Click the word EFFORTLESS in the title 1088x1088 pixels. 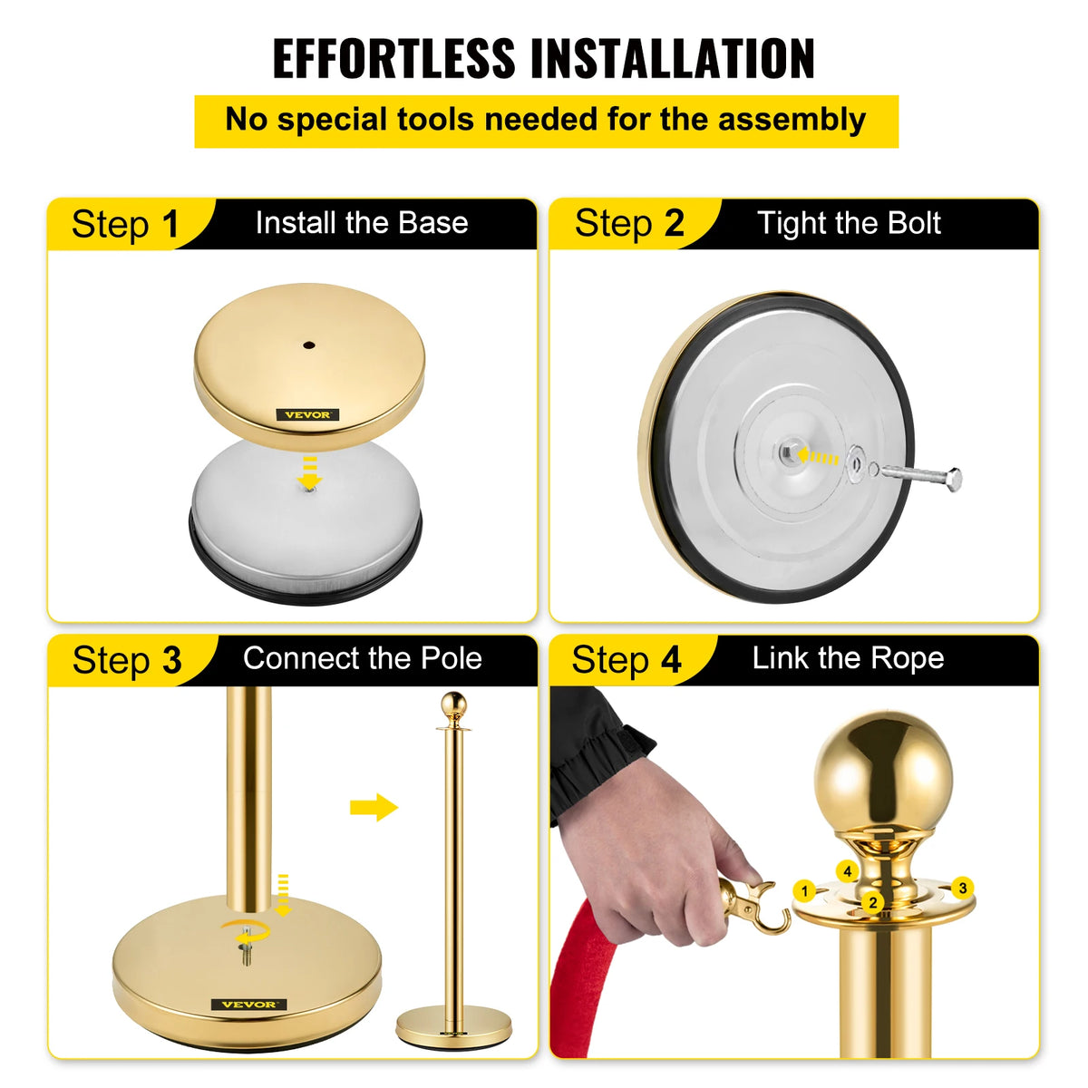(394, 59)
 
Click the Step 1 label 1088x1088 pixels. (126, 224)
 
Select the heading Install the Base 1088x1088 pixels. (362, 223)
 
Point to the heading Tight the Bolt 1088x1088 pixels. (849, 223)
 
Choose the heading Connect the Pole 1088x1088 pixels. (362, 658)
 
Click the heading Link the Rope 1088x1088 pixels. (848, 658)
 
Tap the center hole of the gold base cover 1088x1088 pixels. (309, 345)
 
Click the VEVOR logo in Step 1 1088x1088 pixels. (308, 415)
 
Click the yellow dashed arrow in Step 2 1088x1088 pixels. (821, 458)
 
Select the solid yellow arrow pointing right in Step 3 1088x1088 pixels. (374, 806)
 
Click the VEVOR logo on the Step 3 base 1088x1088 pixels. (249, 1005)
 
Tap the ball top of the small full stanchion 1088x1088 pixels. (453, 704)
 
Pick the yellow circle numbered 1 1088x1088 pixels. (804, 891)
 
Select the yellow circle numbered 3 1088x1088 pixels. (962, 889)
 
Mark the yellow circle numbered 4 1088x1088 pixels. (847, 872)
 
